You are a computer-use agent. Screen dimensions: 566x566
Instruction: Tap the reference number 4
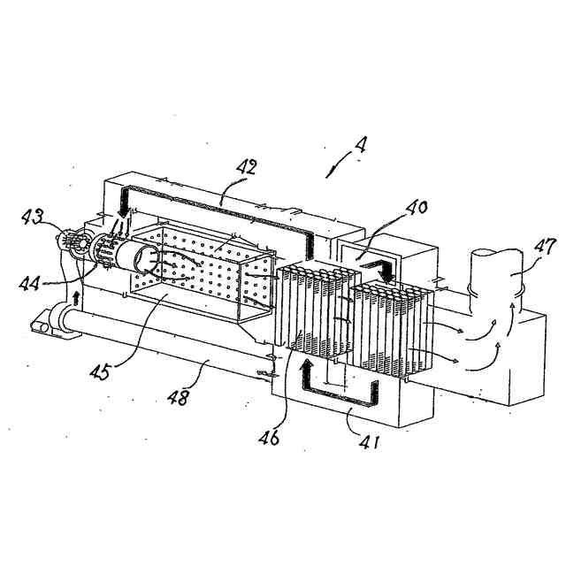[x=361, y=144]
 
